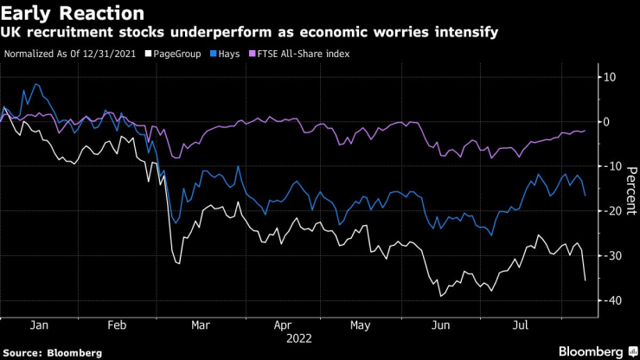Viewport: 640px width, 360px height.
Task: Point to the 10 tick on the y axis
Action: tap(609, 77)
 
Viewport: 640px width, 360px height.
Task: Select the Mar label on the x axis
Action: tap(200, 327)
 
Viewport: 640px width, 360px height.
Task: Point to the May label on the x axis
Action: tap(361, 327)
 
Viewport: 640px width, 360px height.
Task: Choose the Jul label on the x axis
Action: tap(521, 327)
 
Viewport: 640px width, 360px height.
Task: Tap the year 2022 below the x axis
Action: tap(299, 339)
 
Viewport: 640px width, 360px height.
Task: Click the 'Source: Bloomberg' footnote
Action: tap(52, 353)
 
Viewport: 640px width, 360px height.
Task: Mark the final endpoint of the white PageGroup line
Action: tap(586, 280)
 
